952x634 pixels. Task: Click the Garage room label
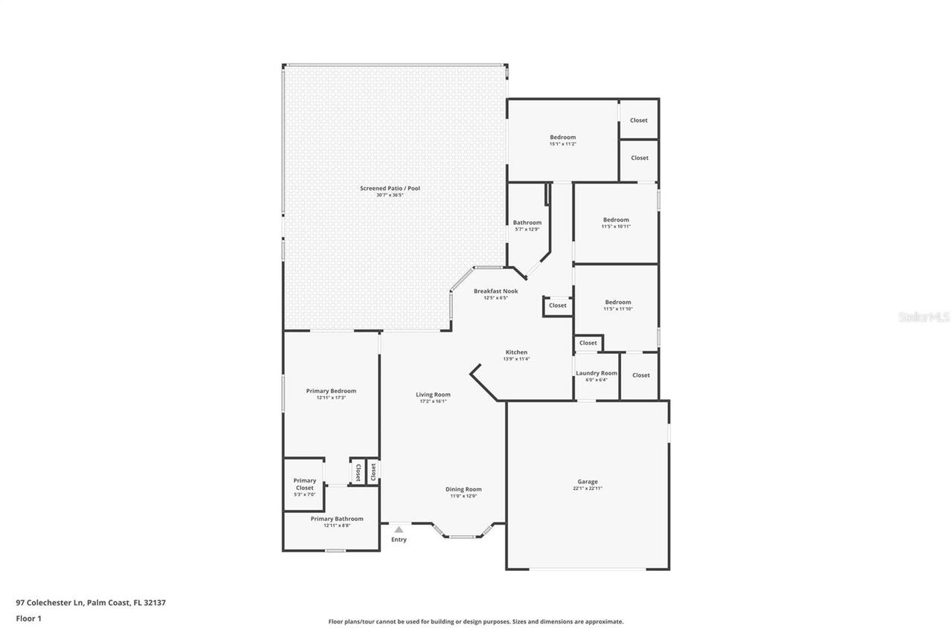(587, 482)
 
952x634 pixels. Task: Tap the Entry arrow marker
(399, 530)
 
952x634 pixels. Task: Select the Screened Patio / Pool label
(390, 188)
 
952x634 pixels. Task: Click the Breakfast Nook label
(495, 291)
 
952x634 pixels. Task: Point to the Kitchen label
(516, 352)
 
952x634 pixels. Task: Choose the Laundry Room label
(596, 373)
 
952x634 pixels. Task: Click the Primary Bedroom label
(331, 391)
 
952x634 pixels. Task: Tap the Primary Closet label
(304, 484)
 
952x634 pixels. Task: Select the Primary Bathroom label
(337, 519)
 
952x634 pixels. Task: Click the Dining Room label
(463, 489)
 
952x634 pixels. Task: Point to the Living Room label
(432, 395)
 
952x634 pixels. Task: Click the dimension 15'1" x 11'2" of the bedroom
(562, 144)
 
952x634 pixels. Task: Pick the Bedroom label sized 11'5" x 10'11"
(616, 220)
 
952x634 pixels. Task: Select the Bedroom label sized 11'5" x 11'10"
(617, 302)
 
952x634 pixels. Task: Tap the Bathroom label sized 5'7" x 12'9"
(527, 222)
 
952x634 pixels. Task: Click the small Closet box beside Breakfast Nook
(557, 305)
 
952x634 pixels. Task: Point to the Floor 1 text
(29, 618)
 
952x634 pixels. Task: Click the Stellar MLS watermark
(924, 317)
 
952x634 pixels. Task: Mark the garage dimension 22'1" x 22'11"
(587, 488)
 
